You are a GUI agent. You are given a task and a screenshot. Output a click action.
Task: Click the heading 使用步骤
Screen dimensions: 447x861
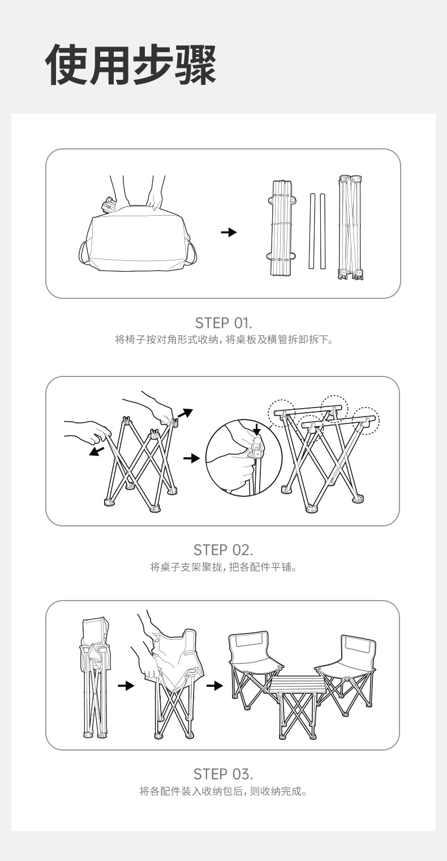131,65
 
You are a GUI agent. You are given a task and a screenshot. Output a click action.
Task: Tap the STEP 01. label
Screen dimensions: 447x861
223,323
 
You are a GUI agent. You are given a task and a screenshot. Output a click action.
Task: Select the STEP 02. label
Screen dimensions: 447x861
223,550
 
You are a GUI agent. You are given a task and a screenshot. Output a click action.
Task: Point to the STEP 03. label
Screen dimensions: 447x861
223,774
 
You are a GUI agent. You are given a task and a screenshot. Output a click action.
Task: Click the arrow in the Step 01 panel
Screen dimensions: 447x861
229,232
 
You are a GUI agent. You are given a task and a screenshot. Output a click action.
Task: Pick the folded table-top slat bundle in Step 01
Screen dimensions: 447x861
282,228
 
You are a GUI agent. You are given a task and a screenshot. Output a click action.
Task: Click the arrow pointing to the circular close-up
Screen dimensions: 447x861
192,458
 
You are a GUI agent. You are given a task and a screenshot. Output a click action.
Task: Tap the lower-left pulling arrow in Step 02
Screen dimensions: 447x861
96,451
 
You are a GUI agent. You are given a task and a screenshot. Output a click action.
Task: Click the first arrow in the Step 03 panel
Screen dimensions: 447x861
126,686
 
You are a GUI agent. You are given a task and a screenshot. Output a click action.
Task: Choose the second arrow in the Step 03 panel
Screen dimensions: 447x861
214,686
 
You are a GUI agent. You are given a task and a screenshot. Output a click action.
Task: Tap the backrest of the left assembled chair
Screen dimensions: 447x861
248,645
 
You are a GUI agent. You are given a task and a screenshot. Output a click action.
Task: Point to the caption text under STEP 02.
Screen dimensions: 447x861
224,567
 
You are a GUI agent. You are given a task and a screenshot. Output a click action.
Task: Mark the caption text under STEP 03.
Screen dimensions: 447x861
223,791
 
